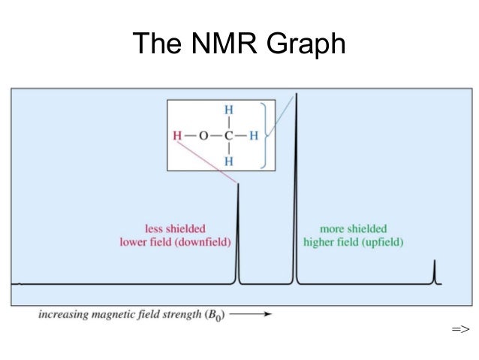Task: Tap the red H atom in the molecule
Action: point(177,136)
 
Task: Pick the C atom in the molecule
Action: point(228,136)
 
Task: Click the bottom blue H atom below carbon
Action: point(228,161)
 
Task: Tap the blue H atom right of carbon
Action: point(254,136)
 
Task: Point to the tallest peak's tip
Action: point(296,95)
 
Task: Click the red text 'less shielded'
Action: point(175,228)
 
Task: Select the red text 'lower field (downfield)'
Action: point(175,242)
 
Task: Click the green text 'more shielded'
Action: point(353,228)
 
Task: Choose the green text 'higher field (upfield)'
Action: point(353,242)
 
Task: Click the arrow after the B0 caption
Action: point(256,315)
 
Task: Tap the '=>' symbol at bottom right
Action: point(459,329)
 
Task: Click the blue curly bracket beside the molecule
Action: point(263,136)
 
